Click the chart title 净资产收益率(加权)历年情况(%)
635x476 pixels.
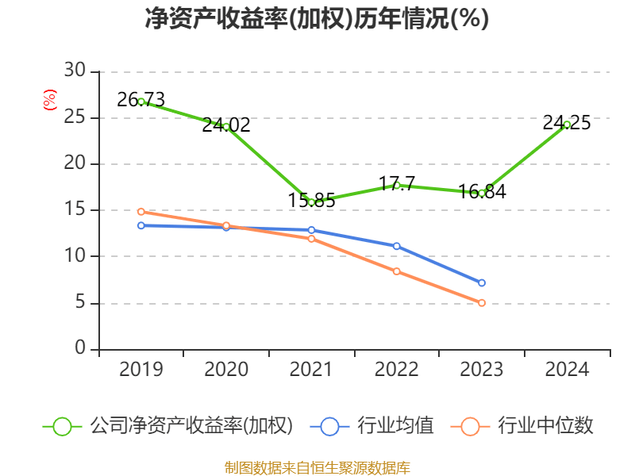click(317, 19)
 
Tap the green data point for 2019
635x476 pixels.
click(141, 102)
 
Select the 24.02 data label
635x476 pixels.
click(226, 125)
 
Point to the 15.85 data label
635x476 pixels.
click(311, 201)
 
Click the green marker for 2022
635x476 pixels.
click(397, 186)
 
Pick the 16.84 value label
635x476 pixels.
click(482, 192)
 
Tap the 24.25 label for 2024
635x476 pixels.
click(567, 123)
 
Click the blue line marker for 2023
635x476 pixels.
click(482, 283)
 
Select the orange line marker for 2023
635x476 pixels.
click(482, 303)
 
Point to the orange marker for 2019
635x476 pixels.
click(141, 212)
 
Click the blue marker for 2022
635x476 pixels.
click(397, 246)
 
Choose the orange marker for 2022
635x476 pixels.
click(397, 271)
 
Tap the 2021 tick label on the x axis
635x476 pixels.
click(311, 370)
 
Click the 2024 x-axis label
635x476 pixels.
click(567, 370)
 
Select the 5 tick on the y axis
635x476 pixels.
click(79, 303)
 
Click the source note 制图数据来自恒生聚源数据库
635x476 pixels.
click(317, 467)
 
